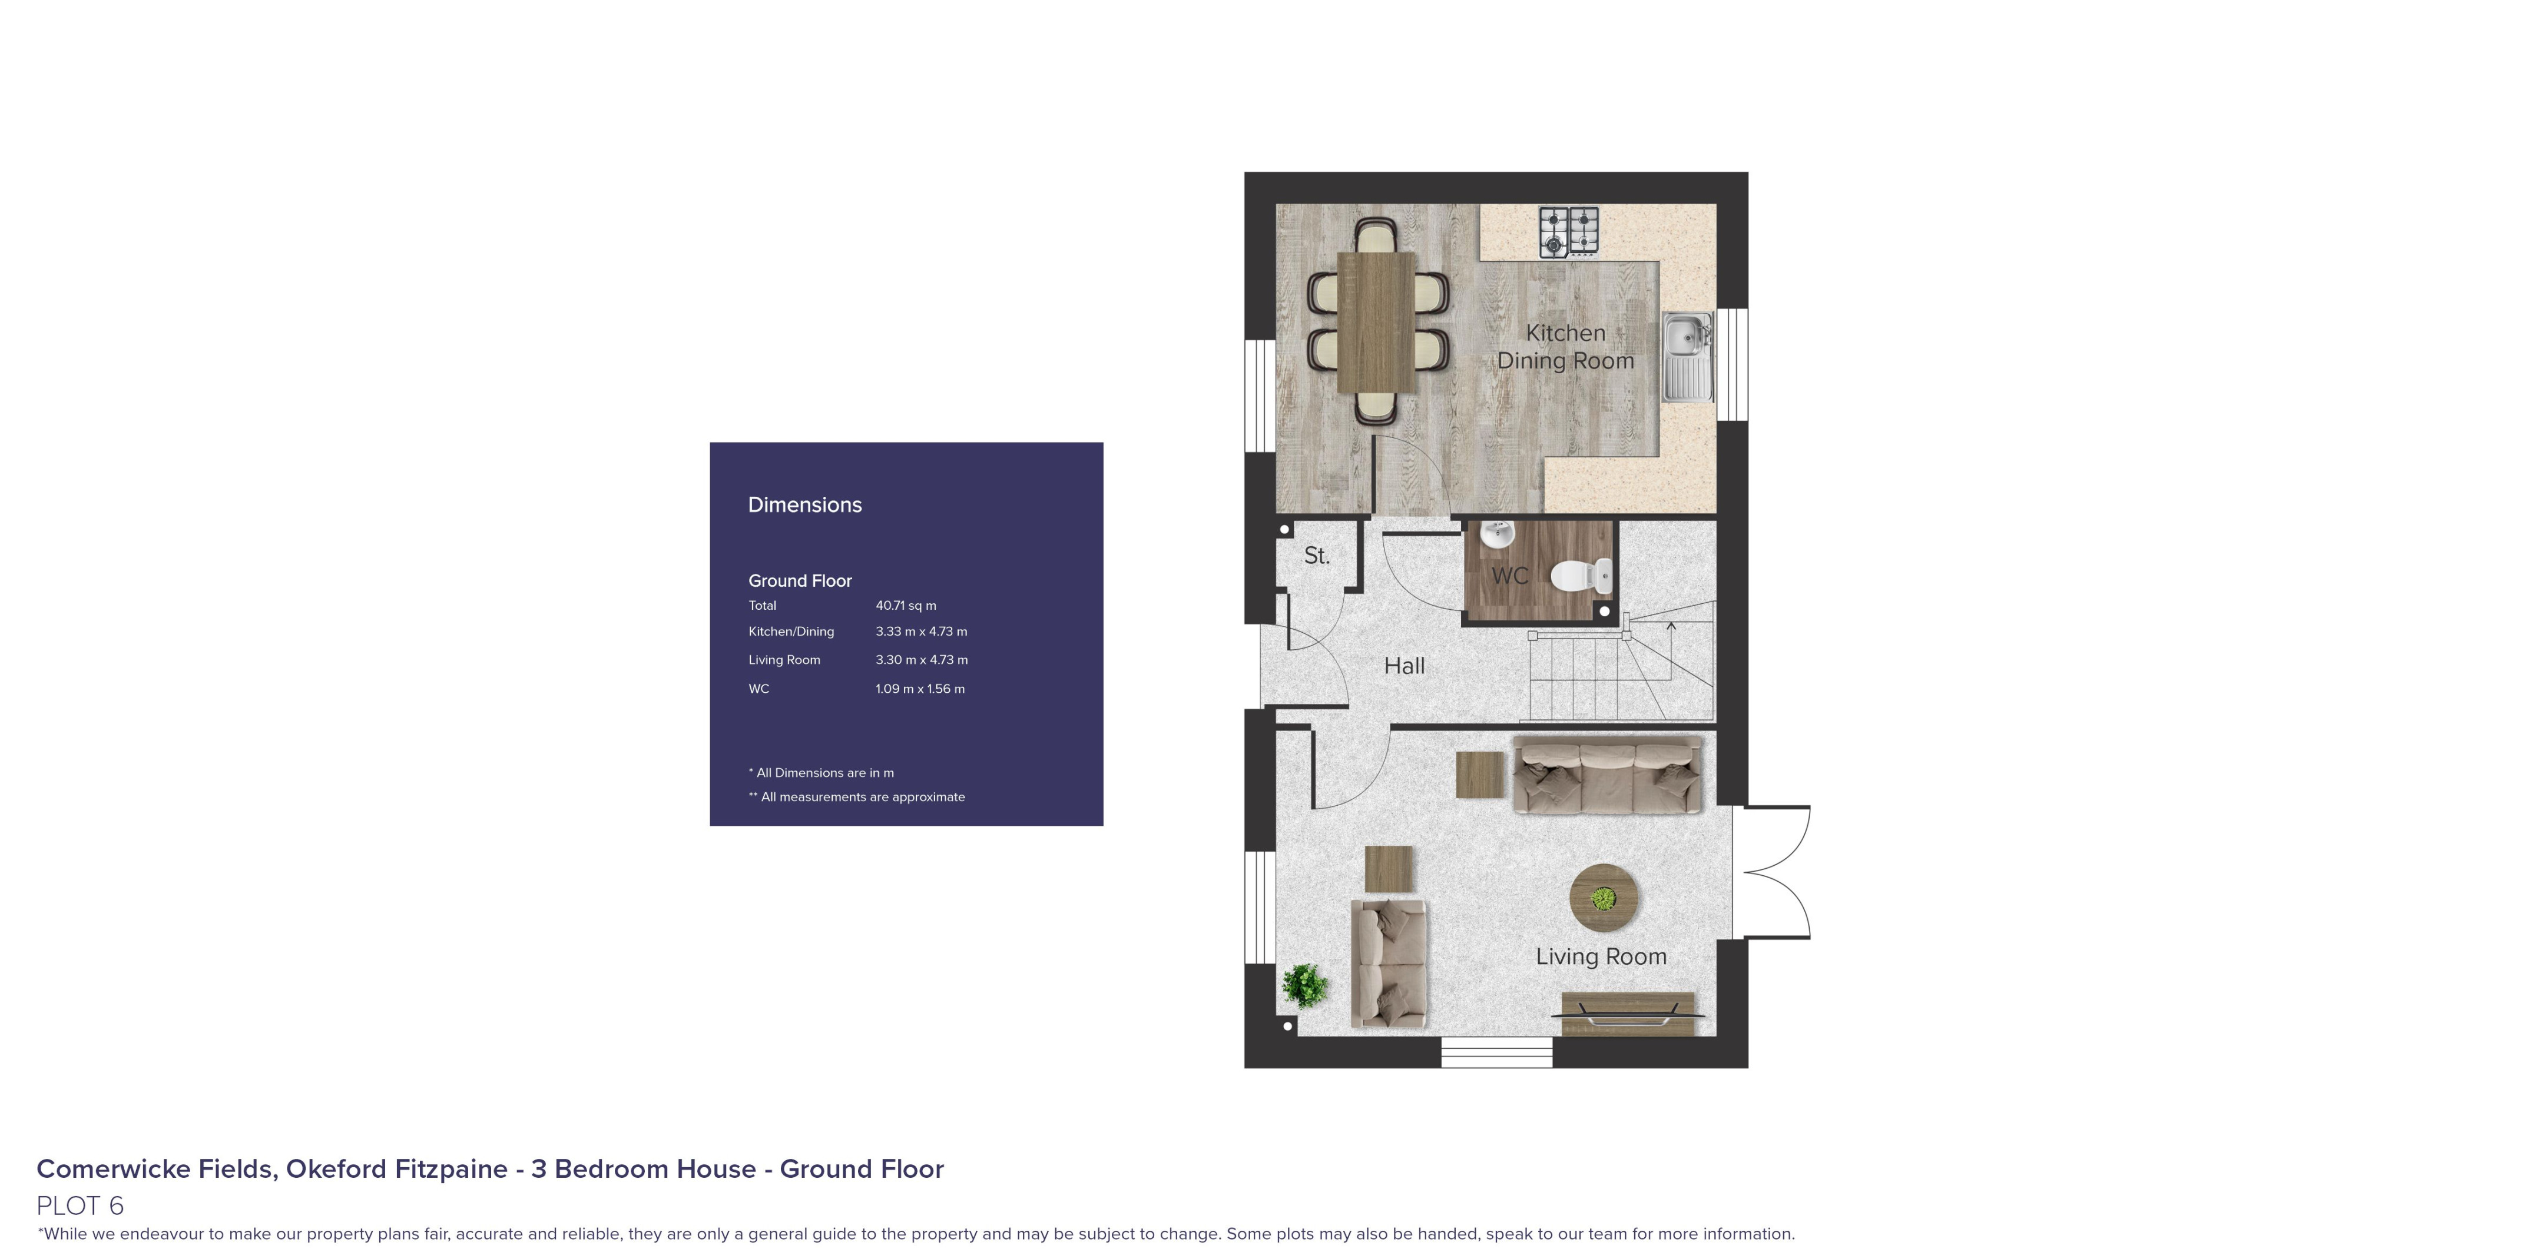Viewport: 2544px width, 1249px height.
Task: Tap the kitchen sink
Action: click(x=1687, y=357)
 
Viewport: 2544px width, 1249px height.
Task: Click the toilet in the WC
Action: click(x=1582, y=574)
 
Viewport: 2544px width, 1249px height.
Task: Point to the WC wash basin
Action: click(x=1497, y=534)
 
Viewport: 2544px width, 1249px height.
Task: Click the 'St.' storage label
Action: click(x=1316, y=556)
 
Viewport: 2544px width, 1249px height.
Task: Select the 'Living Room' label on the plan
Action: click(x=1601, y=956)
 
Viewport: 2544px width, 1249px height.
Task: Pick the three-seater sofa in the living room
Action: click(x=1607, y=775)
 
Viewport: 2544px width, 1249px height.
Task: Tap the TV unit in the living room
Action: click(x=1628, y=1014)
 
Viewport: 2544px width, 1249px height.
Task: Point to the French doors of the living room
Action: click(x=1775, y=872)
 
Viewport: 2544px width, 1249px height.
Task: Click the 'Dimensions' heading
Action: click(x=805, y=506)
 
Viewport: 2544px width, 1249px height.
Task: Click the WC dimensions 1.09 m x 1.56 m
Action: click(x=919, y=689)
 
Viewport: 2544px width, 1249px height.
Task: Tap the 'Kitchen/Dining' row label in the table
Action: click(x=791, y=632)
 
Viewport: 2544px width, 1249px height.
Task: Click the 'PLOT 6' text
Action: click(x=80, y=1205)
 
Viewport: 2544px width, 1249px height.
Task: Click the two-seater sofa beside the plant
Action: click(x=1387, y=963)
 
